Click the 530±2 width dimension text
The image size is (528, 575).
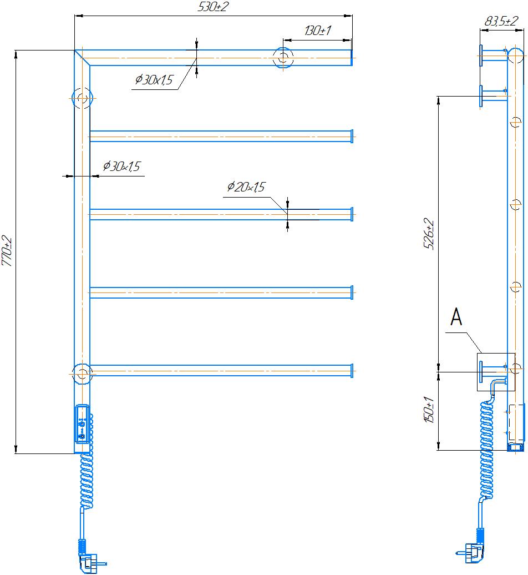213,7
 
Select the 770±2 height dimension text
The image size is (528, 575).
7,251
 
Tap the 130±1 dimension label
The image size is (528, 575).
317,30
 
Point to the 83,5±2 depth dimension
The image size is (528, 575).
501,21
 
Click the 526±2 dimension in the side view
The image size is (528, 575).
429,234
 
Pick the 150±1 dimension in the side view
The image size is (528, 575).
429,410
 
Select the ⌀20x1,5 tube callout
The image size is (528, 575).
246,187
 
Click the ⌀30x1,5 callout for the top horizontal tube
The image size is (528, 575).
154,79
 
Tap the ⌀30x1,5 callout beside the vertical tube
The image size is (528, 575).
121,166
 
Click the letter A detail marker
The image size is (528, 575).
456,317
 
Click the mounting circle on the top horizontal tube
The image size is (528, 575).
283,58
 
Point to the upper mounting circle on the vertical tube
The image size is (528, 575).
82,98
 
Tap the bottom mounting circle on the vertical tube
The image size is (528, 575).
82,374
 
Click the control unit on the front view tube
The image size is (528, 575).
82,424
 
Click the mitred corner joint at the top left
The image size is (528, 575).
82,58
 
